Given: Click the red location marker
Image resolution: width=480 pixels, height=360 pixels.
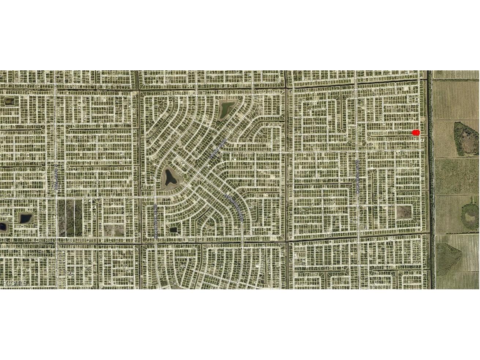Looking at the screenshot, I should pos(416,133).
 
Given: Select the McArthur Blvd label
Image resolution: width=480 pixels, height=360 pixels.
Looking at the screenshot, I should pos(156,222).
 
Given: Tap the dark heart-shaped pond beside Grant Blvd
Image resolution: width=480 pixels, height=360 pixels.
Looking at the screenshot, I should pos(169,177).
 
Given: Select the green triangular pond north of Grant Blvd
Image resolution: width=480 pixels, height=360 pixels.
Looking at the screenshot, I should pos(226,108).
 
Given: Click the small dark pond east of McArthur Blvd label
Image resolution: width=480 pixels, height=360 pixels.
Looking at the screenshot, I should pos(173,230).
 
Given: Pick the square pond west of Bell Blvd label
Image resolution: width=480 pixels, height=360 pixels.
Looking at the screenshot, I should pos(25,218).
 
